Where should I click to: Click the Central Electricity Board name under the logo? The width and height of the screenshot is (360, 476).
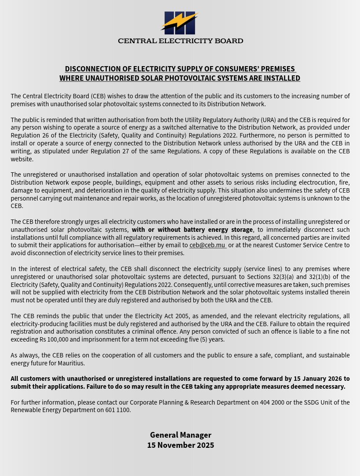point(180,41)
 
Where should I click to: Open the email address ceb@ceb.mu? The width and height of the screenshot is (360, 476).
point(207,245)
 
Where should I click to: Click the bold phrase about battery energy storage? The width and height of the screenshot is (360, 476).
point(192,230)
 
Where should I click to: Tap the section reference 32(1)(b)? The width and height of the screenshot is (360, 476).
point(324,277)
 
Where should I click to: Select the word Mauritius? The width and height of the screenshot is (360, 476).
point(71,363)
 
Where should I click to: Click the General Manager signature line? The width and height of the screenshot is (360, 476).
point(180,435)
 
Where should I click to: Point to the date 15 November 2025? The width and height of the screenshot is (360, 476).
point(180,445)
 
